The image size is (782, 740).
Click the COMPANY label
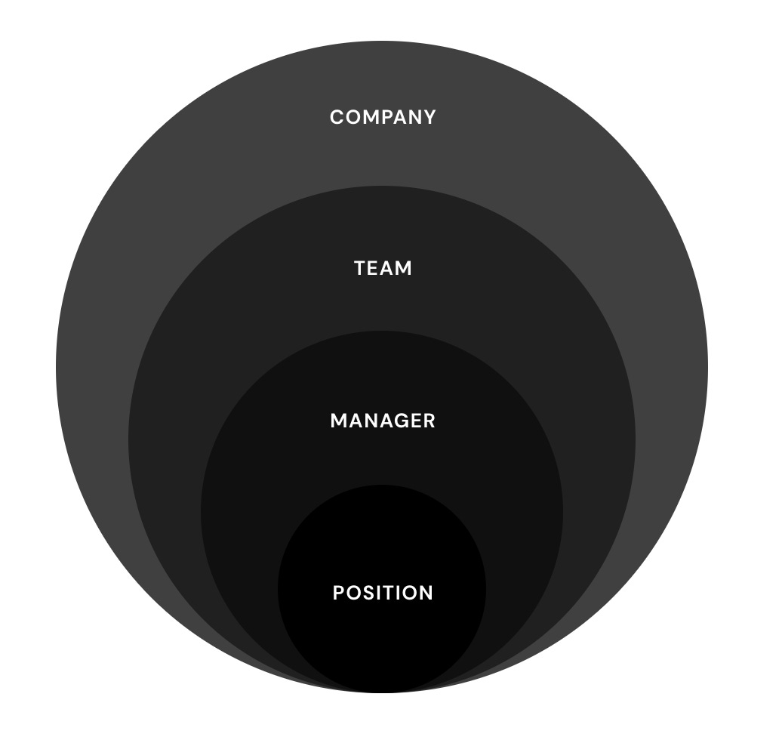[x=383, y=117]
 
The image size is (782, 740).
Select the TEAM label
[x=383, y=269]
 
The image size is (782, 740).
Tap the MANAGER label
[x=383, y=421]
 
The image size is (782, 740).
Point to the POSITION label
[x=383, y=593]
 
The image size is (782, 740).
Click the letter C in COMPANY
[x=337, y=117]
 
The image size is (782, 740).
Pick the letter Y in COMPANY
[x=429, y=117]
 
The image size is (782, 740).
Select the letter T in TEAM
[x=360, y=269]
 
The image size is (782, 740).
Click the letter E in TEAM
[x=374, y=269]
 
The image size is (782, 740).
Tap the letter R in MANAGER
[x=429, y=421]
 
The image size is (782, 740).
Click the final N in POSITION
[x=426, y=593]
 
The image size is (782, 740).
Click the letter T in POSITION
[x=389, y=593]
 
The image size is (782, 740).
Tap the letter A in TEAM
[x=387, y=269]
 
